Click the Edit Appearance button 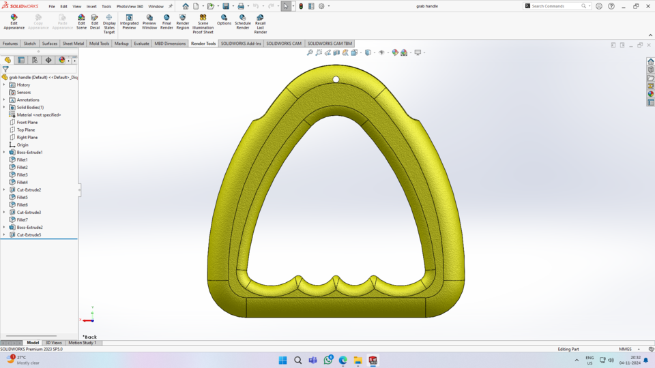(x=14, y=22)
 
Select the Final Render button (x=166, y=22)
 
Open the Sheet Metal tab (x=73, y=44)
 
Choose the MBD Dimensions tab (x=170, y=44)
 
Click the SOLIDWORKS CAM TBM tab (x=330, y=44)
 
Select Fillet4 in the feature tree (x=23, y=182)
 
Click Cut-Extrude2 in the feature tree (x=29, y=189)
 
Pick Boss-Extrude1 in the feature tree (x=29, y=152)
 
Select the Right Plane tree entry (x=27, y=137)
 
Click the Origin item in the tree (x=23, y=144)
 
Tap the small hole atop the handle (x=336, y=80)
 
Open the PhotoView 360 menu (x=130, y=6)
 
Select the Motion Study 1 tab (x=83, y=343)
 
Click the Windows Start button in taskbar (x=282, y=361)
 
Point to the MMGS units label (x=625, y=349)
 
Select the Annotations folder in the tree (x=28, y=99)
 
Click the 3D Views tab (x=53, y=343)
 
